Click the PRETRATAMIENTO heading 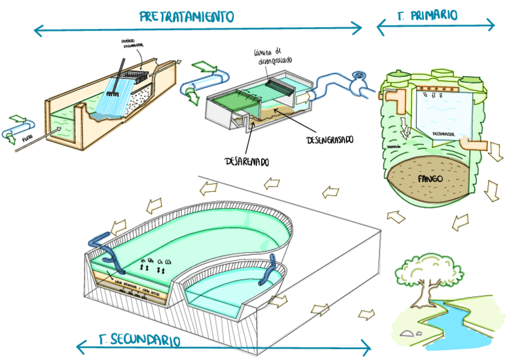click(186, 16)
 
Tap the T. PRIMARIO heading click(428, 15)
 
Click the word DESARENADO click(247, 161)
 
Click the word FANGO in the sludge click(431, 178)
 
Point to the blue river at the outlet click(457, 325)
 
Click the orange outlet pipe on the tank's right click(473, 145)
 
